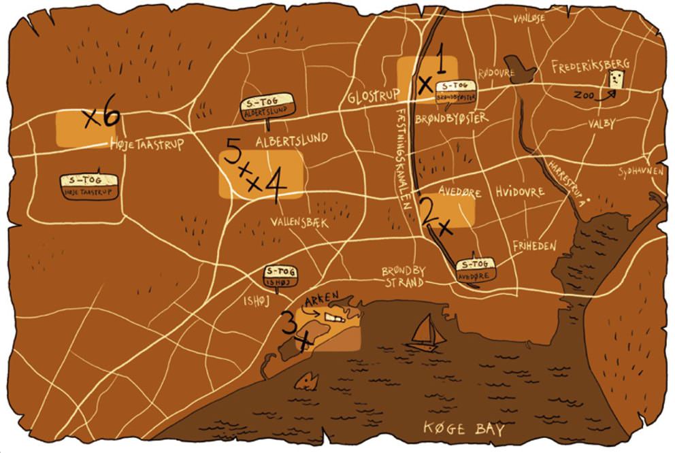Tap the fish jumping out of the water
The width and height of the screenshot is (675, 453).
point(310,381)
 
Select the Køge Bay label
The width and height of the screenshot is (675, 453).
point(464,429)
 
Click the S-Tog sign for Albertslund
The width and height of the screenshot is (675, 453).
point(269,109)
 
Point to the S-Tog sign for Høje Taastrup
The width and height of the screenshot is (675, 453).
point(89,185)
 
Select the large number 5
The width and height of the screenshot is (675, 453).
point(231,156)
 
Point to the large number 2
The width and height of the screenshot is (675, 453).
point(429,212)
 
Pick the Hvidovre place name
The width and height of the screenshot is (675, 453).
point(520,192)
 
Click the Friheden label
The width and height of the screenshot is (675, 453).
point(535,246)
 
